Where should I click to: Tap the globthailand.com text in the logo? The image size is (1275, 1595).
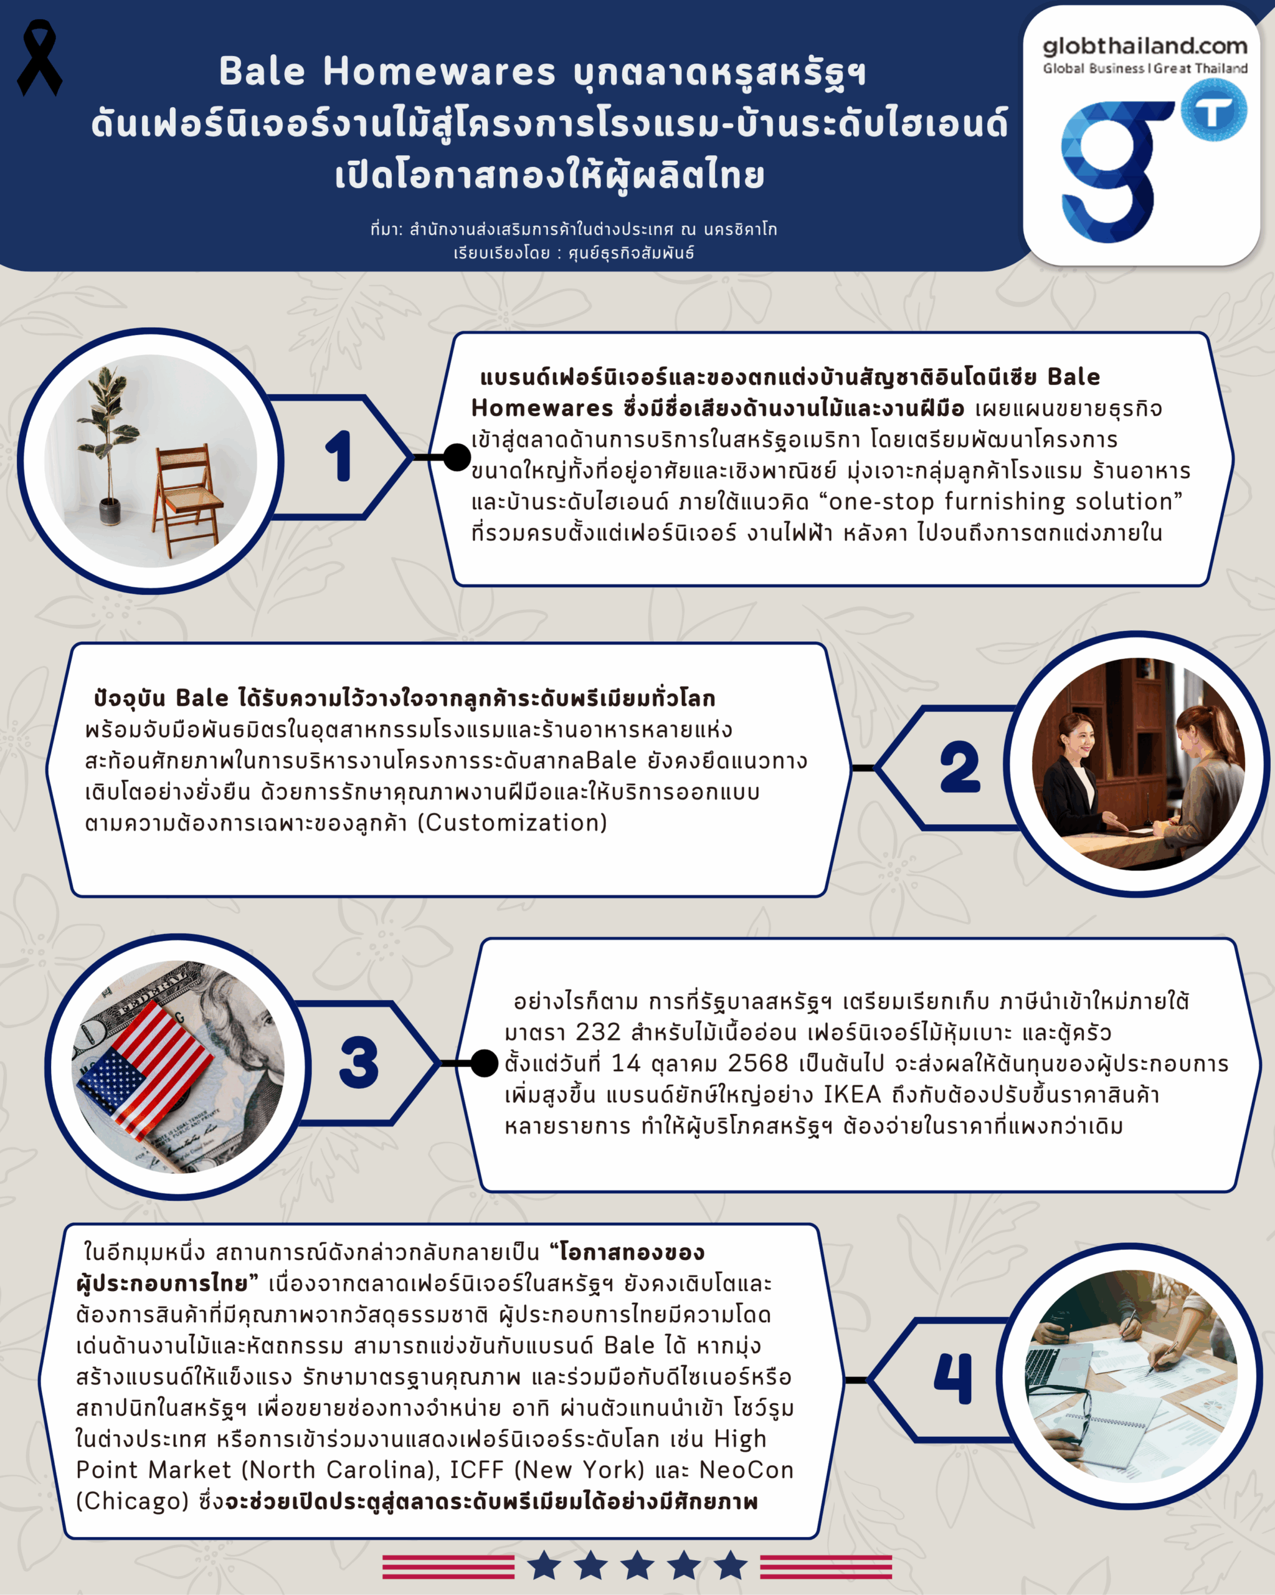(1145, 46)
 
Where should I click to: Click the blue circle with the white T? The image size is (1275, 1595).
(1213, 112)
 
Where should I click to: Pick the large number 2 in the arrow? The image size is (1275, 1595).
(959, 767)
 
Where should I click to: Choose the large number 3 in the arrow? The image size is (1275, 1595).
(359, 1062)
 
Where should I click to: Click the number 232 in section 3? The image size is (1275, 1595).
(599, 1032)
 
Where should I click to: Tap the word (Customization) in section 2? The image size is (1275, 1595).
(512, 822)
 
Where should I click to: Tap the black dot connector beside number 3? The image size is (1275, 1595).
(485, 1063)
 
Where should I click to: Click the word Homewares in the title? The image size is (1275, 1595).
(438, 72)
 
